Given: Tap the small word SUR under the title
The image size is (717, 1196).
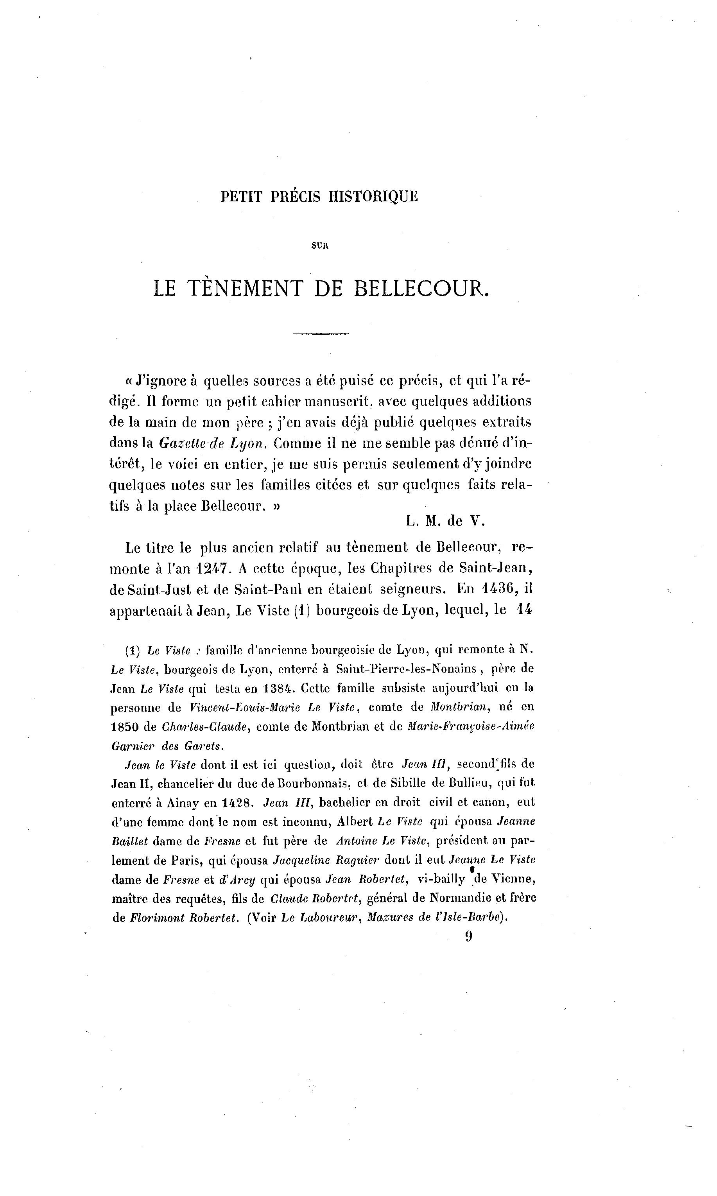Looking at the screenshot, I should click(x=319, y=246).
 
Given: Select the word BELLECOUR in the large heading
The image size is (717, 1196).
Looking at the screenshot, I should click(x=421, y=289).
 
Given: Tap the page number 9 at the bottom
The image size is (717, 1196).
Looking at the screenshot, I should click(x=468, y=936).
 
